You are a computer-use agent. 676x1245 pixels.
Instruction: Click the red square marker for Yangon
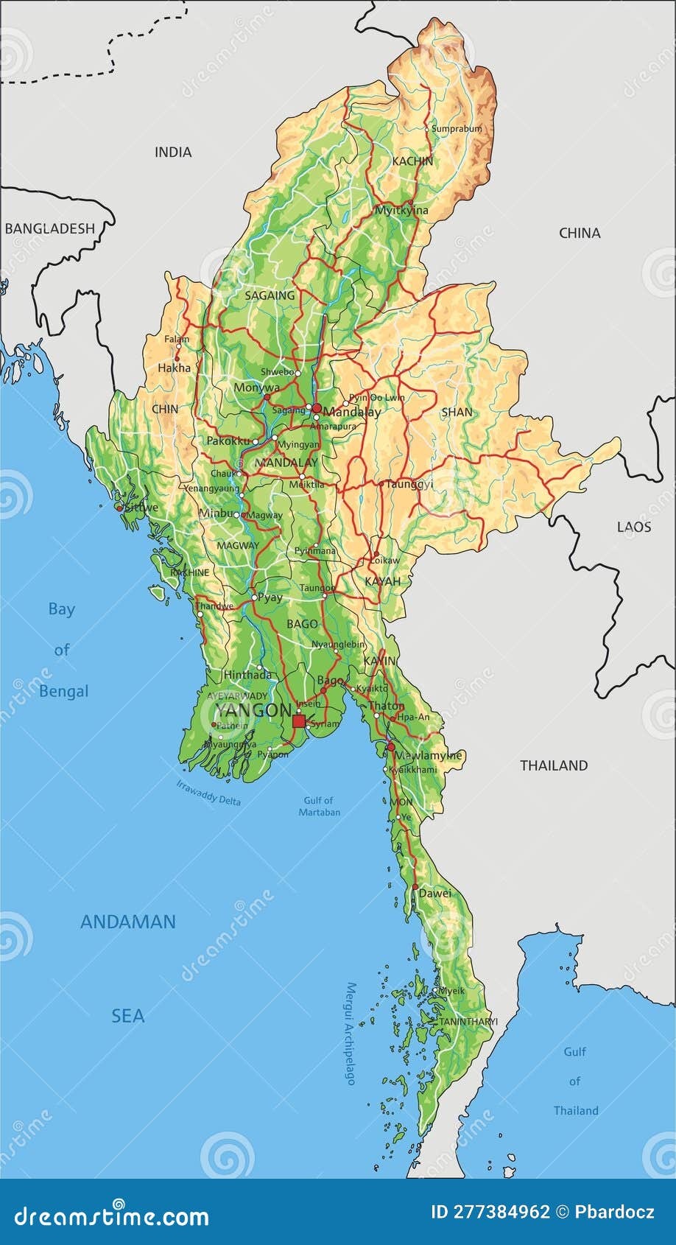pyautogui.click(x=298, y=721)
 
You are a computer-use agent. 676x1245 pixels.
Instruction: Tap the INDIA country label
pyautogui.click(x=173, y=152)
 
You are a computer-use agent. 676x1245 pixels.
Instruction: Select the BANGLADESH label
pyautogui.click(x=50, y=228)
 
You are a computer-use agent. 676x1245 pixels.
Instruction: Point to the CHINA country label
pyautogui.click(x=580, y=234)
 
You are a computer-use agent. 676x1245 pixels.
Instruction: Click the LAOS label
pyautogui.click(x=634, y=527)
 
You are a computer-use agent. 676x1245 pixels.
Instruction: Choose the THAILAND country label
pyautogui.click(x=554, y=765)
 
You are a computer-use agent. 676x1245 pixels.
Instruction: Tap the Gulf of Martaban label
pyautogui.click(x=319, y=806)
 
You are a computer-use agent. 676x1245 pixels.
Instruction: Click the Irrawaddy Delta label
pyautogui.click(x=208, y=793)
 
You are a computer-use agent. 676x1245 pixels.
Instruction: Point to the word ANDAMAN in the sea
pyautogui.click(x=128, y=922)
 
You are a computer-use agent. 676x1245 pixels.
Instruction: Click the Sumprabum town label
pyautogui.click(x=457, y=129)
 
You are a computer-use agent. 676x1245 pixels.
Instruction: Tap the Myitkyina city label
pyautogui.click(x=401, y=211)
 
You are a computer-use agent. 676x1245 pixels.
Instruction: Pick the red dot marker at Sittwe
pyautogui.click(x=119, y=508)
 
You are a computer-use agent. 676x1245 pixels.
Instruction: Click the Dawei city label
pyautogui.click(x=434, y=894)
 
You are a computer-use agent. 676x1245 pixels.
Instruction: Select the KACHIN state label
pyautogui.click(x=412, y=161)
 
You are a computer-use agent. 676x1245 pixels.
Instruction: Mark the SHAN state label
pyautogui.click(x=457, y=413)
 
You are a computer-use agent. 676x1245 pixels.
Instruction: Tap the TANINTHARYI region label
pyautogui.click(x=468, y=1022)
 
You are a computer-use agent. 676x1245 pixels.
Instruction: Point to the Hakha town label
pyautogui.click(x=174, y=368)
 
